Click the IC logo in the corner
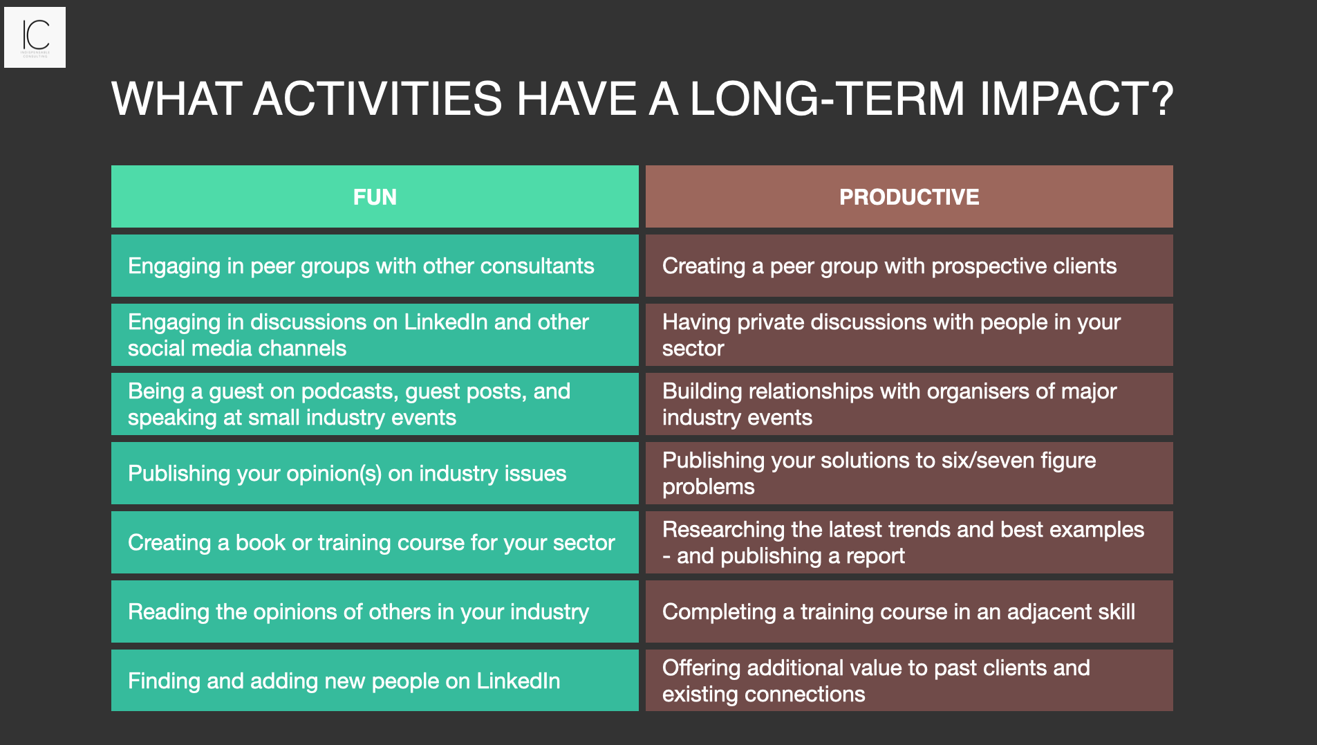(35, 37)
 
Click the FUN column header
(375, 197)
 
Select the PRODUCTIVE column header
(909, 197)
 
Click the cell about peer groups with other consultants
(374, 266)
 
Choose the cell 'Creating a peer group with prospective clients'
(909, 266)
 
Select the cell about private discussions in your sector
(909, 335)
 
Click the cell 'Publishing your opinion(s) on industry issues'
(374, 474)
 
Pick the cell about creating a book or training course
(374, 543)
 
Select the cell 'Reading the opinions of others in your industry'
(374, 612)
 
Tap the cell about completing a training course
(909, 612)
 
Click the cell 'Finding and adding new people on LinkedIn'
(374, 681)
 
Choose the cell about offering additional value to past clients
(909, 681)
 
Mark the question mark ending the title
(1164, 99)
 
